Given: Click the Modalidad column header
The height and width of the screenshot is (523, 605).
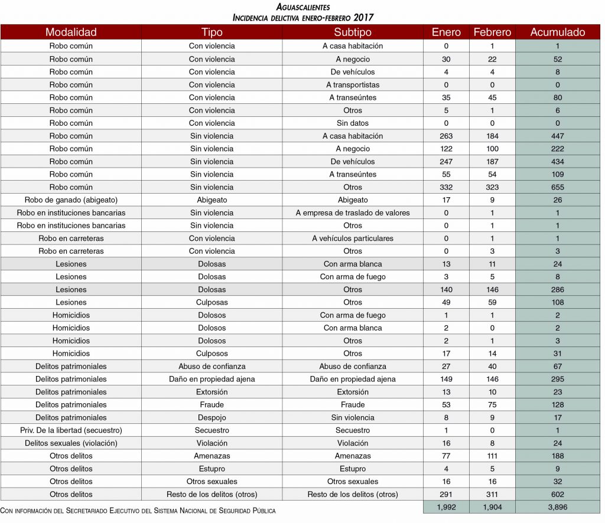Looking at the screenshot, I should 71,32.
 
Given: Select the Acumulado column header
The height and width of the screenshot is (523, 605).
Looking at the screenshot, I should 558,32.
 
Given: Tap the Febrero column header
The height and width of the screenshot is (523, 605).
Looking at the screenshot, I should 492,32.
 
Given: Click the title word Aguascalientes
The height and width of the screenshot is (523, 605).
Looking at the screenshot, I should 303,7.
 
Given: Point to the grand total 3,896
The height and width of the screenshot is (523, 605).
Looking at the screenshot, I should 558,507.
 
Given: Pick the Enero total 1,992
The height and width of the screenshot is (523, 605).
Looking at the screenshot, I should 446,507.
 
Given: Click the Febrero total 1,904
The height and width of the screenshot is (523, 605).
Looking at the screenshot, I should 492,507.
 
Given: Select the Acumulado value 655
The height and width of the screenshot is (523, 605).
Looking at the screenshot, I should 558,187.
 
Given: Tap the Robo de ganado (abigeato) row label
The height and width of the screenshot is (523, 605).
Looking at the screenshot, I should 71,200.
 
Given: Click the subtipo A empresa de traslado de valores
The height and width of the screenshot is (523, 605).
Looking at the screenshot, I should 353,213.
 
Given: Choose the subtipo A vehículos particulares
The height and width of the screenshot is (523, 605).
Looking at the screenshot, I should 353,238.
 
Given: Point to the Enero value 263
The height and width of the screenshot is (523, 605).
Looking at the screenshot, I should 446,136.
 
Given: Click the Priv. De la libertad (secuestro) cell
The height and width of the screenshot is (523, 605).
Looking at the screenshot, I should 71,430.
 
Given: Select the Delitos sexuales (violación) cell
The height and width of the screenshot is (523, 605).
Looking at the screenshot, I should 71,443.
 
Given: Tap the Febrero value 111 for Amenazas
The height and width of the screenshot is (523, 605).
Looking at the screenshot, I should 492,456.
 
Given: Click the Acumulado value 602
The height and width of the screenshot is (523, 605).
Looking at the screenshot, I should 558,495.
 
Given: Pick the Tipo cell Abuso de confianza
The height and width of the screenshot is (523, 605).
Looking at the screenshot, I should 212,367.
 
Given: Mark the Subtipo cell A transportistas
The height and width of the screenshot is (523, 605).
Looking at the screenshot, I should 353,84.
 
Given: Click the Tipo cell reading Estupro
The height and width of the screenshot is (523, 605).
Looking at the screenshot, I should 212,469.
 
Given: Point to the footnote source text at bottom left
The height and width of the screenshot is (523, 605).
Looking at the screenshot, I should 138,510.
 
